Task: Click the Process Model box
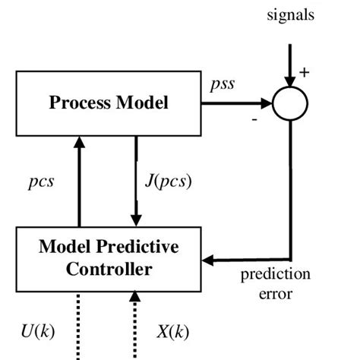click(x=103, y=103)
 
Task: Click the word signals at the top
click(x=289, y=14)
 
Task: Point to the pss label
click(x=221, y=84)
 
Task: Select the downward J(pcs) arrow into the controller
click(x=135, y=182)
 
